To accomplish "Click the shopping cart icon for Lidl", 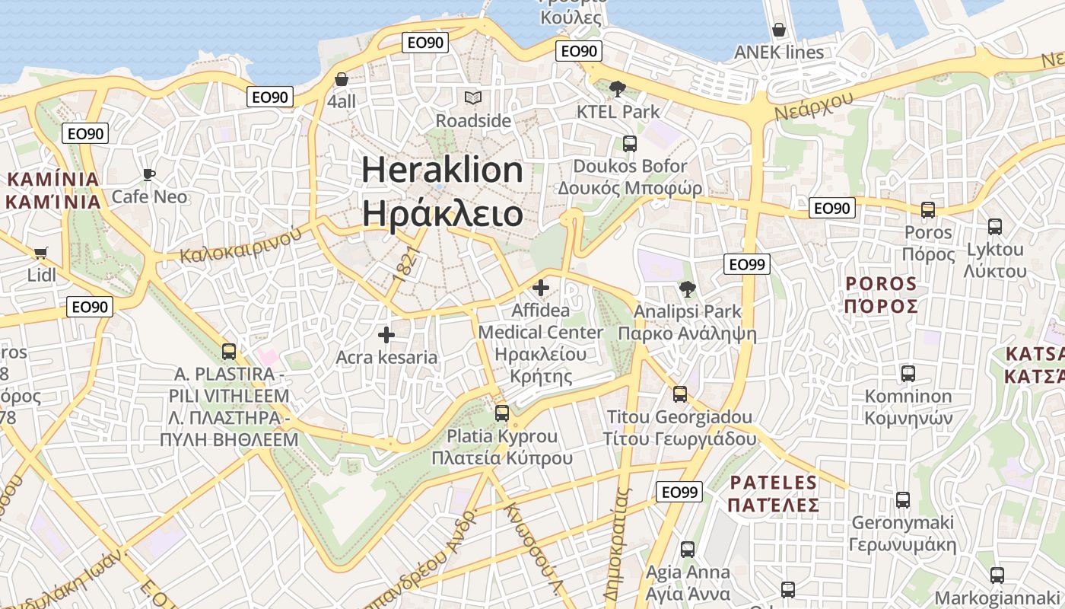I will point(40,253).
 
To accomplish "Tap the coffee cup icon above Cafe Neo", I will point(149,174).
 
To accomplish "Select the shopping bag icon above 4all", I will point(342,79).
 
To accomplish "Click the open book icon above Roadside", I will point(473,97).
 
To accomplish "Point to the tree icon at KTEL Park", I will point(618,89).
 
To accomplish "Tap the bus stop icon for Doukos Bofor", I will point(629,143).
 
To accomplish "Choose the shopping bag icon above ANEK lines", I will point(778,30).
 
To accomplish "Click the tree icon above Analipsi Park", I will point(687,289).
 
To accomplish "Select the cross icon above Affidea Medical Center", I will point(541,288).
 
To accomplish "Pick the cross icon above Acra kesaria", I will point(386,334).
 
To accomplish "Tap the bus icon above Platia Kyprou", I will point(502,413).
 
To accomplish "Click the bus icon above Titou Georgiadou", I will point(680,394).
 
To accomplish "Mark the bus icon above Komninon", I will point(908,373).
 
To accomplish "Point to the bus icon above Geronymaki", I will point(902,499).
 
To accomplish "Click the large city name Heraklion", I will point(442,170).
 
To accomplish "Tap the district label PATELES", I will point(772,483).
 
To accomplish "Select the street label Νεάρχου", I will point(814,104).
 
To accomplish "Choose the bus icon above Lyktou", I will point(995,226).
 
